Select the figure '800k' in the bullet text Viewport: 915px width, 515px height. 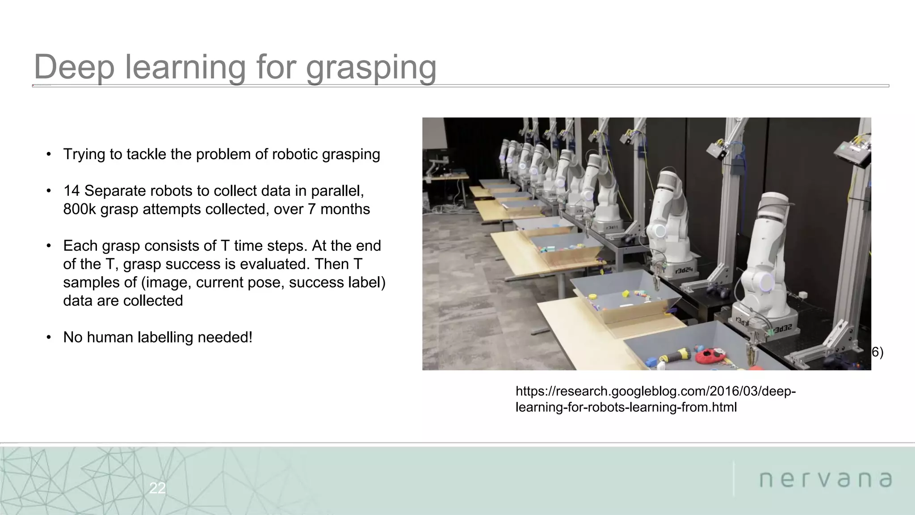(x=80, y=209)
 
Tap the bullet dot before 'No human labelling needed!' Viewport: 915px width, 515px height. (x=49, y=338)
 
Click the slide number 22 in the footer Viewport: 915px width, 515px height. (x=157, y=488)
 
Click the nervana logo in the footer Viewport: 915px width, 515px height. (x=825, y=480)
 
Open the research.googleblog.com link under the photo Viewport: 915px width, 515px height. (x=655, y=399)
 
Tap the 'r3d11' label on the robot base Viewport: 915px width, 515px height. (x=612, y=228)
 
